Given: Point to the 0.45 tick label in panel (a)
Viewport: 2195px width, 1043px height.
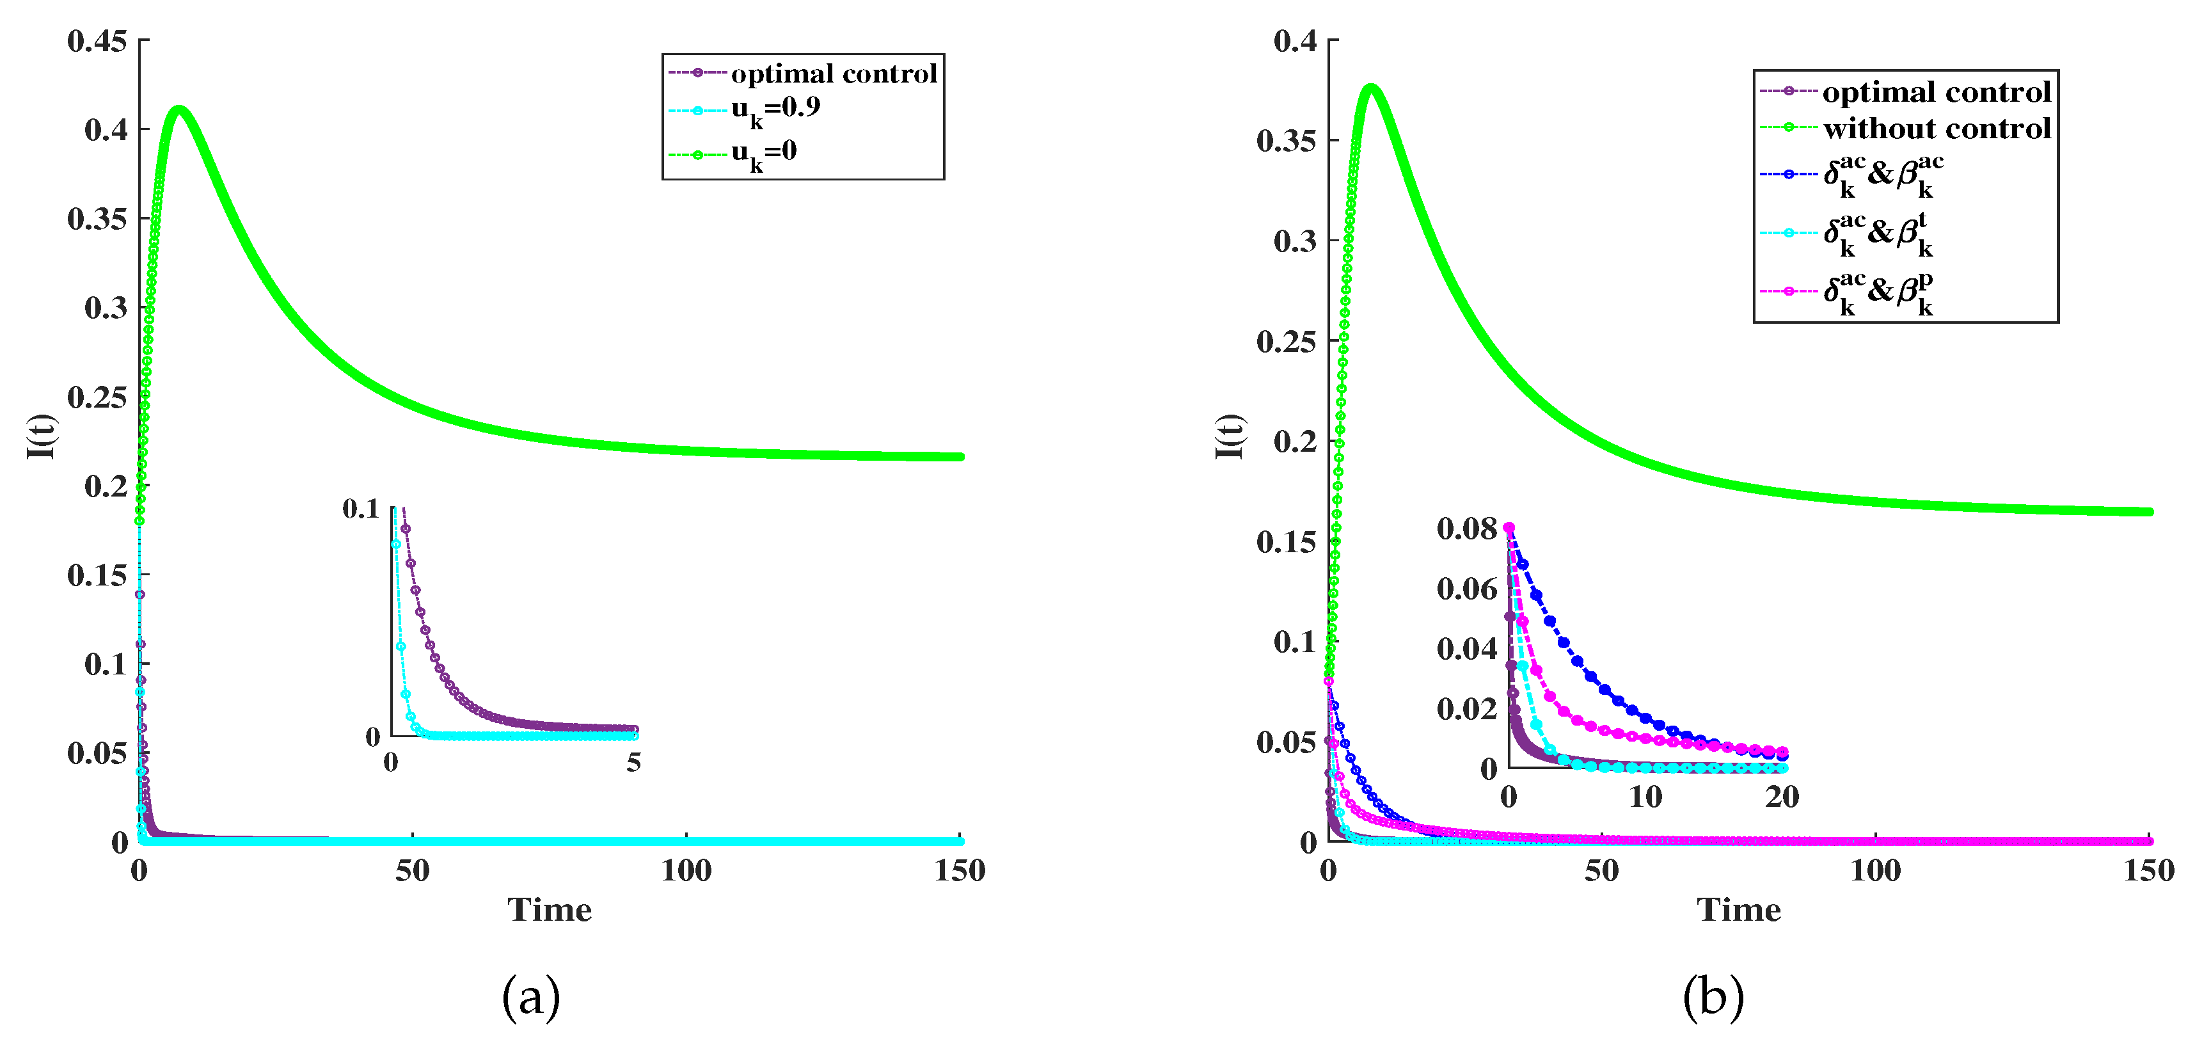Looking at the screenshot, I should [x=97, y=41].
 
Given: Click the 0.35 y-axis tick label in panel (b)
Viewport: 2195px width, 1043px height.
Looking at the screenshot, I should [x=1286, y=141].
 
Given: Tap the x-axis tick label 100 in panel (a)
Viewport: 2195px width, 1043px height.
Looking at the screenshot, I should [x=686, y=871].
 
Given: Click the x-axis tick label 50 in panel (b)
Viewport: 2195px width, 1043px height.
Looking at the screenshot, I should [x=1602, y=871].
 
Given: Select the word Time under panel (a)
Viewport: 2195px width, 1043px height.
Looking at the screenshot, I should [x=550, y=910].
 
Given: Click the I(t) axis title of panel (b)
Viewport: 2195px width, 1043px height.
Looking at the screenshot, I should [x=1229, y=436].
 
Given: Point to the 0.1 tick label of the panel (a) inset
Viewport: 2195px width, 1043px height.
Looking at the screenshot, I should [x=360, y=509].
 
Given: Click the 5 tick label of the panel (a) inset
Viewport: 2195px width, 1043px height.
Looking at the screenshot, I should [x=633, y=763].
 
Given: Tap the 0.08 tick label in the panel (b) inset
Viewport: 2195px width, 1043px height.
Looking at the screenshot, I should [x=1466, y=529].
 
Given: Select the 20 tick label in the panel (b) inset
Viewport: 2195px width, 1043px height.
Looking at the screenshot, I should [x=1782, y=797].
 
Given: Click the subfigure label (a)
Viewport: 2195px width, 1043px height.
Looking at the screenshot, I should [x=531, y=997].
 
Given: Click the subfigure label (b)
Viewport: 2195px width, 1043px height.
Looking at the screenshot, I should [x=1713, y=997].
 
